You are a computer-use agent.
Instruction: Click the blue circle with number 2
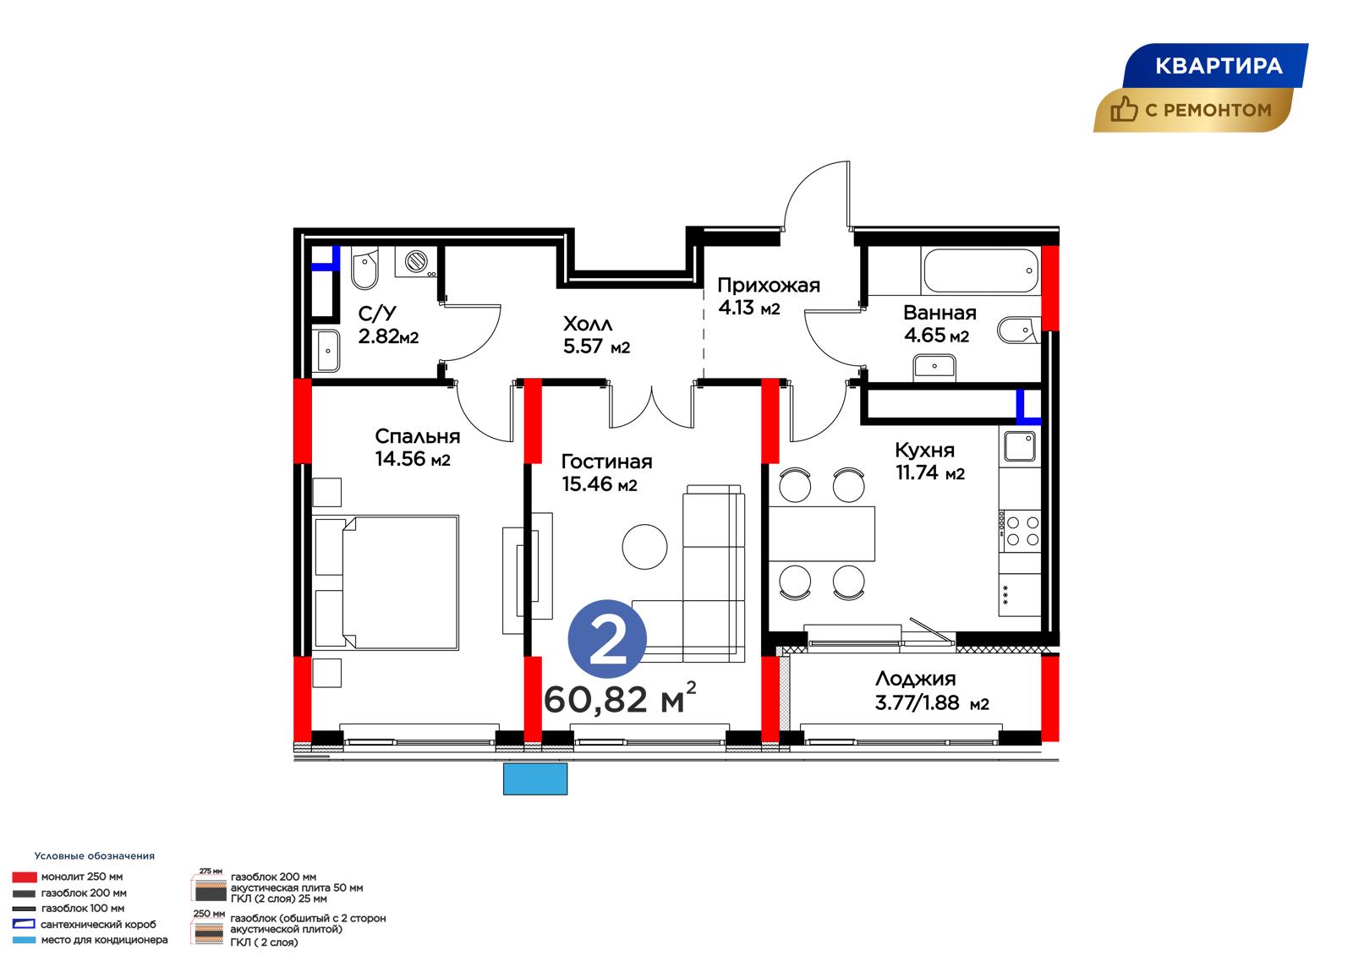[607, 639]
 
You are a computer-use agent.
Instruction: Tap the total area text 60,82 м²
[620, 698]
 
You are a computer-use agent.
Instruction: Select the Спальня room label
[418, 436]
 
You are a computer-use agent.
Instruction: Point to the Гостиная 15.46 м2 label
[606, 473]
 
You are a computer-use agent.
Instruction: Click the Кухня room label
[925, 450]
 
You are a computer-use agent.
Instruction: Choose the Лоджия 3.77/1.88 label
[932, 691]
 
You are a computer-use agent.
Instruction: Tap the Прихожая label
[769, 285]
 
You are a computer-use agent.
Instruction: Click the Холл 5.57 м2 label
[596, 336]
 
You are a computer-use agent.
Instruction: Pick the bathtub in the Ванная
[982, 270]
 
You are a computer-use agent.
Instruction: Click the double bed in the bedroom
[386, 582]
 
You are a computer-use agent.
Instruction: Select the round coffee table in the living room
[644, 547]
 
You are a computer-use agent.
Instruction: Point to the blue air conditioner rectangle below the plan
[535, 779]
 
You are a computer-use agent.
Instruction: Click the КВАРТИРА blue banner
[1215, 65]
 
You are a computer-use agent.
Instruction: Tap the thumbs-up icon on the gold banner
[1124, 109]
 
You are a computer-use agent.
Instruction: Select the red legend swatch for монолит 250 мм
[25, 877]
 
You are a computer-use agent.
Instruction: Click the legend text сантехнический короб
[98, 925]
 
